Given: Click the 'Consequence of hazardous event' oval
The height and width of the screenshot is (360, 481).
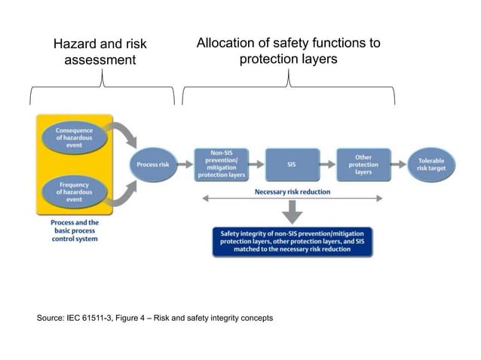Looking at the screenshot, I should click(72, 138).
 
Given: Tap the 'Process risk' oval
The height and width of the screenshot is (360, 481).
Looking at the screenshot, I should click(154, 164).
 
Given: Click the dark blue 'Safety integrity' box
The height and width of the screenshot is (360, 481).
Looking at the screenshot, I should click(292, 241).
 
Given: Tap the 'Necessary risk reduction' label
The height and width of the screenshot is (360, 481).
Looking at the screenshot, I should click(292, 191).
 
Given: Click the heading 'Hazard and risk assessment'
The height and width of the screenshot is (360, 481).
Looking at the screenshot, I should click(100, 52).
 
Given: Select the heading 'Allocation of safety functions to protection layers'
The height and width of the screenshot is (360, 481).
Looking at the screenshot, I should click(288, 50).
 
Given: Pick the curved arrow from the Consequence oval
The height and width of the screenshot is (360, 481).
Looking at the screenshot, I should click(125, 136).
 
